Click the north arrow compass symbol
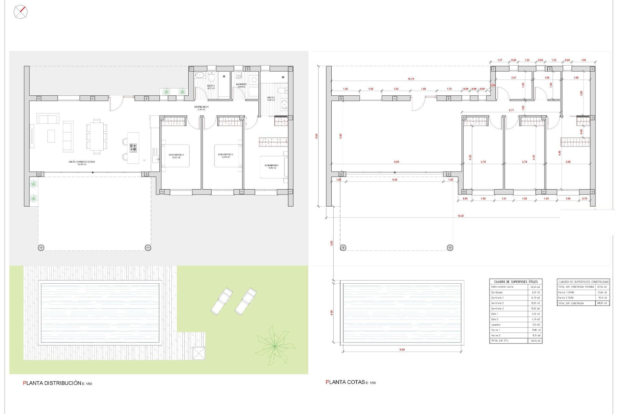20,12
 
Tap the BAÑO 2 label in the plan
211,86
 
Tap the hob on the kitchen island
133,148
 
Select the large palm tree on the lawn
274,346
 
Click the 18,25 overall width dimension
460,216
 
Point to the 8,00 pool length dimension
402,350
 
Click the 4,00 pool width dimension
332,312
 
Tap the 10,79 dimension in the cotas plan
411,79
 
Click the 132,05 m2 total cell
535,341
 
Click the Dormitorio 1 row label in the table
497,298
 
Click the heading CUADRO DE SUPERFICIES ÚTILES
516,282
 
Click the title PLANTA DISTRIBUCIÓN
52,383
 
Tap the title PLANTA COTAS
345,382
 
